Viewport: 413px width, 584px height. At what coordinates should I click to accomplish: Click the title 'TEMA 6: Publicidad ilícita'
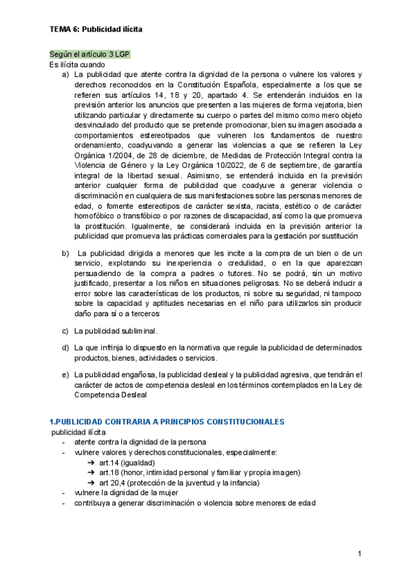click(96, 30)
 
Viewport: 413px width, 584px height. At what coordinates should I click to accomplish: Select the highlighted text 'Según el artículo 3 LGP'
click(89, 54)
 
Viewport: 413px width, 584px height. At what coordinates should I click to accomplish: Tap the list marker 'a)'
click(65, 74)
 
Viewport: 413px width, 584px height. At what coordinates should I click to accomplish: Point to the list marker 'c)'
click(65, 331)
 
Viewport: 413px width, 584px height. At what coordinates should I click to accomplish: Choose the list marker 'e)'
click(65, 375)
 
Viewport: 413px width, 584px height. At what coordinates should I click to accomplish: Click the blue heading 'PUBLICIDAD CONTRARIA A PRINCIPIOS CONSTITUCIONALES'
click(169, 421)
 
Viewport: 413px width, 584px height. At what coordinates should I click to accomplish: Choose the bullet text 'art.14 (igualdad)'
click(127, 462)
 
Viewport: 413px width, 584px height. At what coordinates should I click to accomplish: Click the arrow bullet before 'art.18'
click(91, 472)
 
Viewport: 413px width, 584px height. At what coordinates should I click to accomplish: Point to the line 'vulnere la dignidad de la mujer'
click(130, 493)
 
